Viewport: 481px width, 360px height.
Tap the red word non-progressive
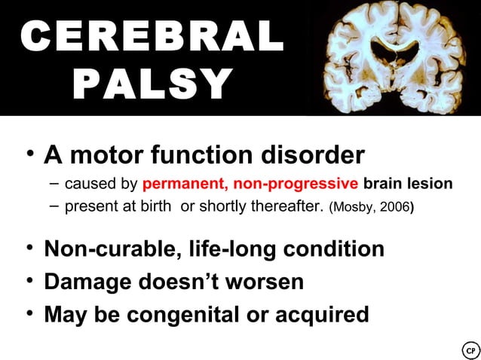pyautogui.click(x=296, y=184)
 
